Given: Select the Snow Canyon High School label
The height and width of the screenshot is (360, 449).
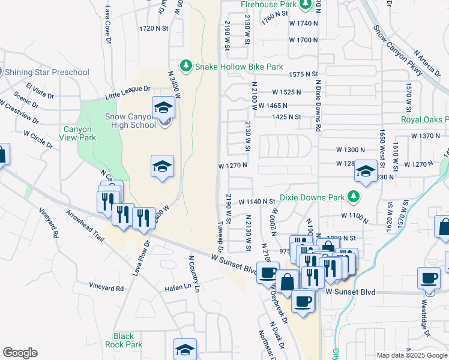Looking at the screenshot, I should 127,121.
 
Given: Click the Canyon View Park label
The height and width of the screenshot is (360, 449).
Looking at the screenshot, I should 77,133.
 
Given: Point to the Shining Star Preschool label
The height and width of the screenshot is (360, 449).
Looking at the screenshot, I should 49,73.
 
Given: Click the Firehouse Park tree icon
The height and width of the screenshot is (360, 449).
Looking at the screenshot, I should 306,4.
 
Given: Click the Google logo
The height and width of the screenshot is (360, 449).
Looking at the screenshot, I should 20,352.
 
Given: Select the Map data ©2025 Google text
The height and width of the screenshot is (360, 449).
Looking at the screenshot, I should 411,355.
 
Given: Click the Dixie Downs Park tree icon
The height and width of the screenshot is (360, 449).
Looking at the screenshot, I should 354,196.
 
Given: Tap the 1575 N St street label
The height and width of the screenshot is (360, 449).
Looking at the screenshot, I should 303,74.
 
